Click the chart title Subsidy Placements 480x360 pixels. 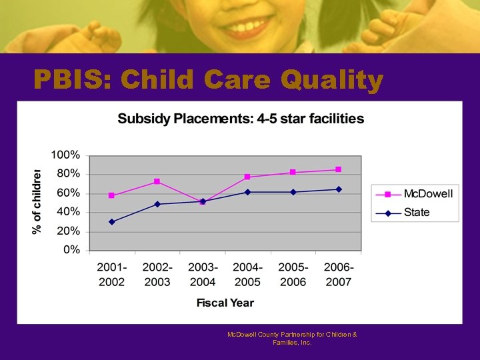click(241, 119)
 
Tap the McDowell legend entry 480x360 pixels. click(427, 194)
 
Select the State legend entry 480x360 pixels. click(416, 213)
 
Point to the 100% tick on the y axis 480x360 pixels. click(66, 155)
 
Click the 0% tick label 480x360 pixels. click(71, 251)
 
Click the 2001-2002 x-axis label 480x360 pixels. click(112, 274)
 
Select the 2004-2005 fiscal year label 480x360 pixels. click(247, 274)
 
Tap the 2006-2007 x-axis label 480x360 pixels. click(339, 274)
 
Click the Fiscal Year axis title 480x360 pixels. click(225, 303)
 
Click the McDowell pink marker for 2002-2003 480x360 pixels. click(157, 181)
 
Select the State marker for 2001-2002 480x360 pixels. click(111, 222)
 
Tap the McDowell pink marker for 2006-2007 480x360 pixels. click(339, 169)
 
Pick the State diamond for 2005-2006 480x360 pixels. click(293, 192)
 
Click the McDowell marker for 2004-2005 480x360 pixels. click(247, 177)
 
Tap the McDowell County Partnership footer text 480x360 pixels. click(292, 338)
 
